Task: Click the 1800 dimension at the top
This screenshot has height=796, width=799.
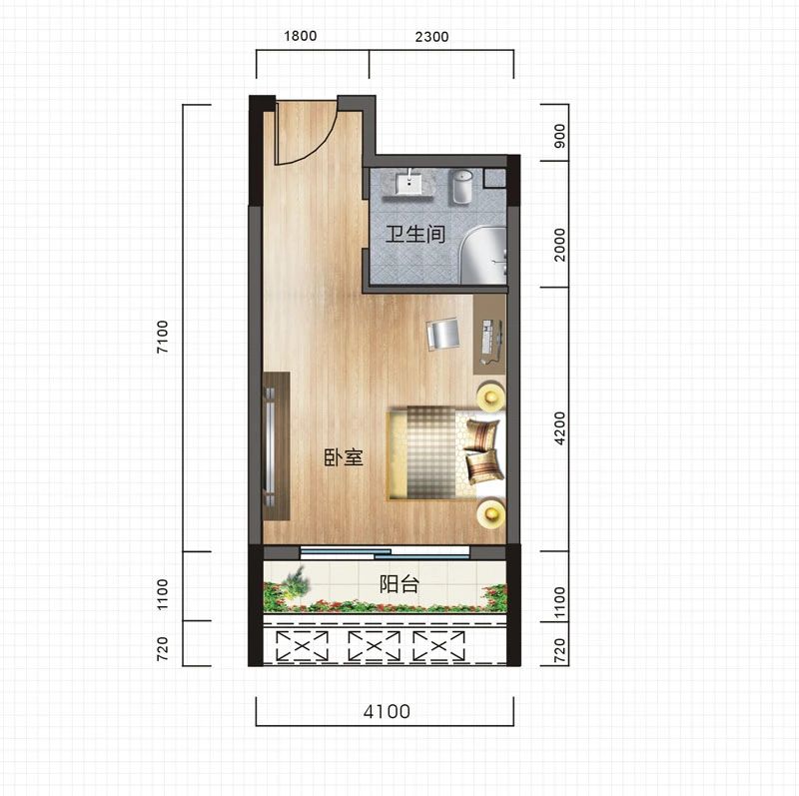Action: click(x=301, y=36)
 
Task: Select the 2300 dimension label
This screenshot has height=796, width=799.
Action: click(x=431, y=37)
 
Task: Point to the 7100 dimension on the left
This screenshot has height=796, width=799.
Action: click(x=162, y=337)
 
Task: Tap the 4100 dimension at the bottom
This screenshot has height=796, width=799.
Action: click(x=387, y=711)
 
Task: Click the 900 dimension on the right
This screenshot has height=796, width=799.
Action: click(x=559, y=136)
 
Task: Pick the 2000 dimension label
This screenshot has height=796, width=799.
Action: click(x=559, y=245)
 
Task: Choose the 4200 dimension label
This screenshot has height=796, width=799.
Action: click(x=559, y=428)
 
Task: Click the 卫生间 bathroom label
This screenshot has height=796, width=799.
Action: click(x=415, y=234)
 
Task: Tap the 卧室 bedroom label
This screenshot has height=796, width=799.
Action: click(x=344, y=457)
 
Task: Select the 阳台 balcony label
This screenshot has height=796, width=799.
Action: click(x=399, y=583)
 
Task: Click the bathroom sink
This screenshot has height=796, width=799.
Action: click(x=408, y=184)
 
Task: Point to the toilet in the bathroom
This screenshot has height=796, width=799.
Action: click(x=461, y=187)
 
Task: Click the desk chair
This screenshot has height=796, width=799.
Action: click(x=442, y=334)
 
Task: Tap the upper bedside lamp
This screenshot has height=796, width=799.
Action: click(x=490, y=396)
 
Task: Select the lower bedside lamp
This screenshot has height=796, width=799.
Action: click(x=490, y=513)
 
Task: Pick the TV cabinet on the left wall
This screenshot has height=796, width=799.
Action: click(x=277, y=445)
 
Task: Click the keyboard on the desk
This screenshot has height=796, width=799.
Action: click(x=487, y=337)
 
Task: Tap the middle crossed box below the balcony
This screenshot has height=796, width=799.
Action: click(x=374, y=646)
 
